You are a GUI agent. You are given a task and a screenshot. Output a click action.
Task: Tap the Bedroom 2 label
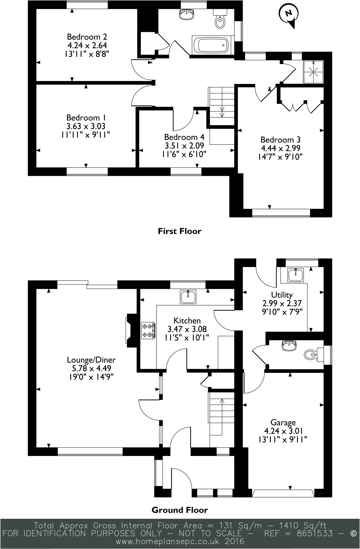coord(87,36)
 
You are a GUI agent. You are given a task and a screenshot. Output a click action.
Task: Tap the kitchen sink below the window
coord(188,297)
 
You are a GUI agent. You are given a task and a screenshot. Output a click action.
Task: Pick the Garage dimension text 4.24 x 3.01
coord(283,431)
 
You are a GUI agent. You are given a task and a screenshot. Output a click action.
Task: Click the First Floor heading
coord(179,231)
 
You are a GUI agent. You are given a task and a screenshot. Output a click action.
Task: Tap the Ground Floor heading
coord(179,510)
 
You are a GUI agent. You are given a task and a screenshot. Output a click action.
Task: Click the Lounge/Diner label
coord(91,360)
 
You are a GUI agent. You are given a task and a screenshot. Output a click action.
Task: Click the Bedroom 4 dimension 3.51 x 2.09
coord(184,146)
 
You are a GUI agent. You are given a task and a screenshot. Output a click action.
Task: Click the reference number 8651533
coord(315,533)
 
